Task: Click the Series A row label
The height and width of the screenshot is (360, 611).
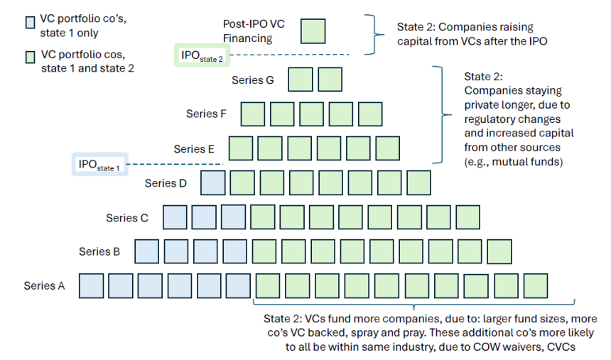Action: (x=44, y=285)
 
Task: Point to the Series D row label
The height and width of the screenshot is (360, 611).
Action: (x=166, y=183)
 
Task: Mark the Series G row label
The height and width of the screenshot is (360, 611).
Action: (x=253, y=80)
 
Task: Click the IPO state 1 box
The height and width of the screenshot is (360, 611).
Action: (x=100, y=165)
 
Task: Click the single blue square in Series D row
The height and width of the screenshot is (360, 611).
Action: (x=214, y=182)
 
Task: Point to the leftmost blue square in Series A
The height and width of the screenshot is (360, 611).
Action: (x=91, y=285)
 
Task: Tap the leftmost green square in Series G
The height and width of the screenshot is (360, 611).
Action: (x=301, y=80)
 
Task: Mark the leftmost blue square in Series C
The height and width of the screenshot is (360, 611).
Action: (x=175, y=217)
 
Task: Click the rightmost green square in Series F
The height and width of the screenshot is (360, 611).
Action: (x=369, y=114)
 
